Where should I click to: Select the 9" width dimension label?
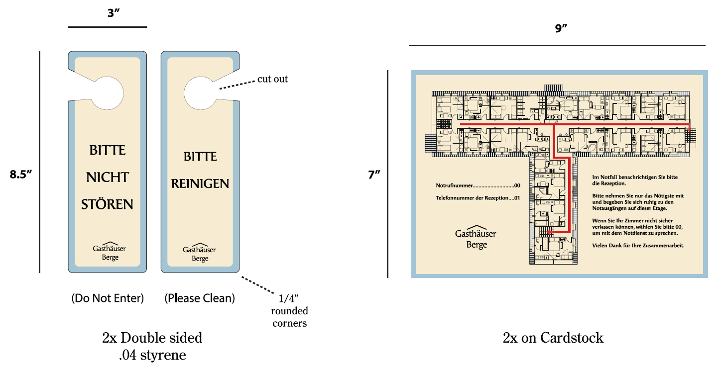tap(561, 28)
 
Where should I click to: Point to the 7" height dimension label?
tap(374, 175)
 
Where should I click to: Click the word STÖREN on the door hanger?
tap(107, 204)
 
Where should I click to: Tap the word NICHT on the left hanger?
tap(108, 177)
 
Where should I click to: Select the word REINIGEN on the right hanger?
tap(200, 184)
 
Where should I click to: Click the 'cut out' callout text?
tap(272, 79)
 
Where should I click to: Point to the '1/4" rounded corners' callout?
tap(289, 311)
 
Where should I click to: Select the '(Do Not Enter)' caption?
tap(107, 298)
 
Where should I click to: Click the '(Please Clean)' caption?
tap(200, 298)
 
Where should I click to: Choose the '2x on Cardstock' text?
tap(553, 338)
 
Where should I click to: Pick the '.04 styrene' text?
tap(152, 355)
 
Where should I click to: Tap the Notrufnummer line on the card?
tap(478, 185)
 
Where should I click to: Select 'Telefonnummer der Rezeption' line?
tap(478, 198)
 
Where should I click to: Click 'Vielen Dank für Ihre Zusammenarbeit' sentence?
tap(638, 246)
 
